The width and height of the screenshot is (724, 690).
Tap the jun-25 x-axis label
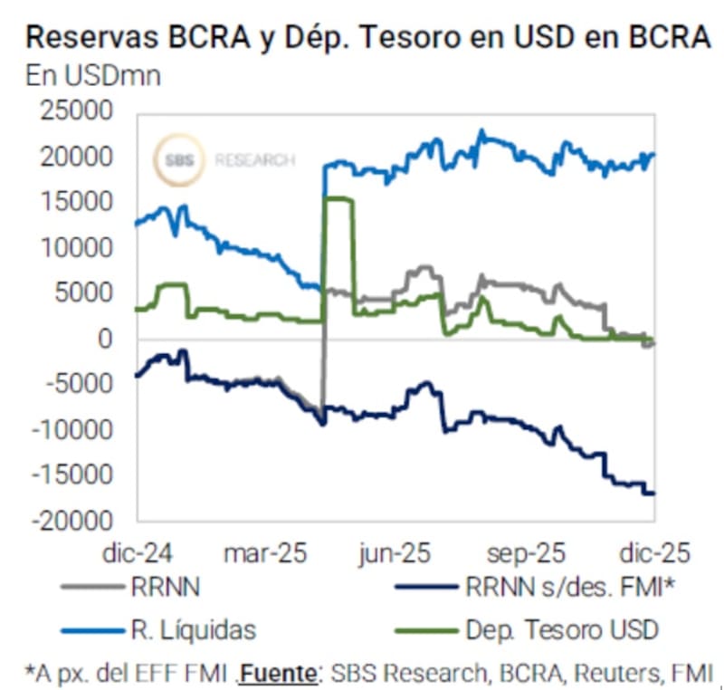[395, 553]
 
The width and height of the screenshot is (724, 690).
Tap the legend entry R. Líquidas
[192, 629]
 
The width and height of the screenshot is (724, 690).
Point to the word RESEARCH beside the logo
[254, 161]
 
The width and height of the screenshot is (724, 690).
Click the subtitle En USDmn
[93, 75]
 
